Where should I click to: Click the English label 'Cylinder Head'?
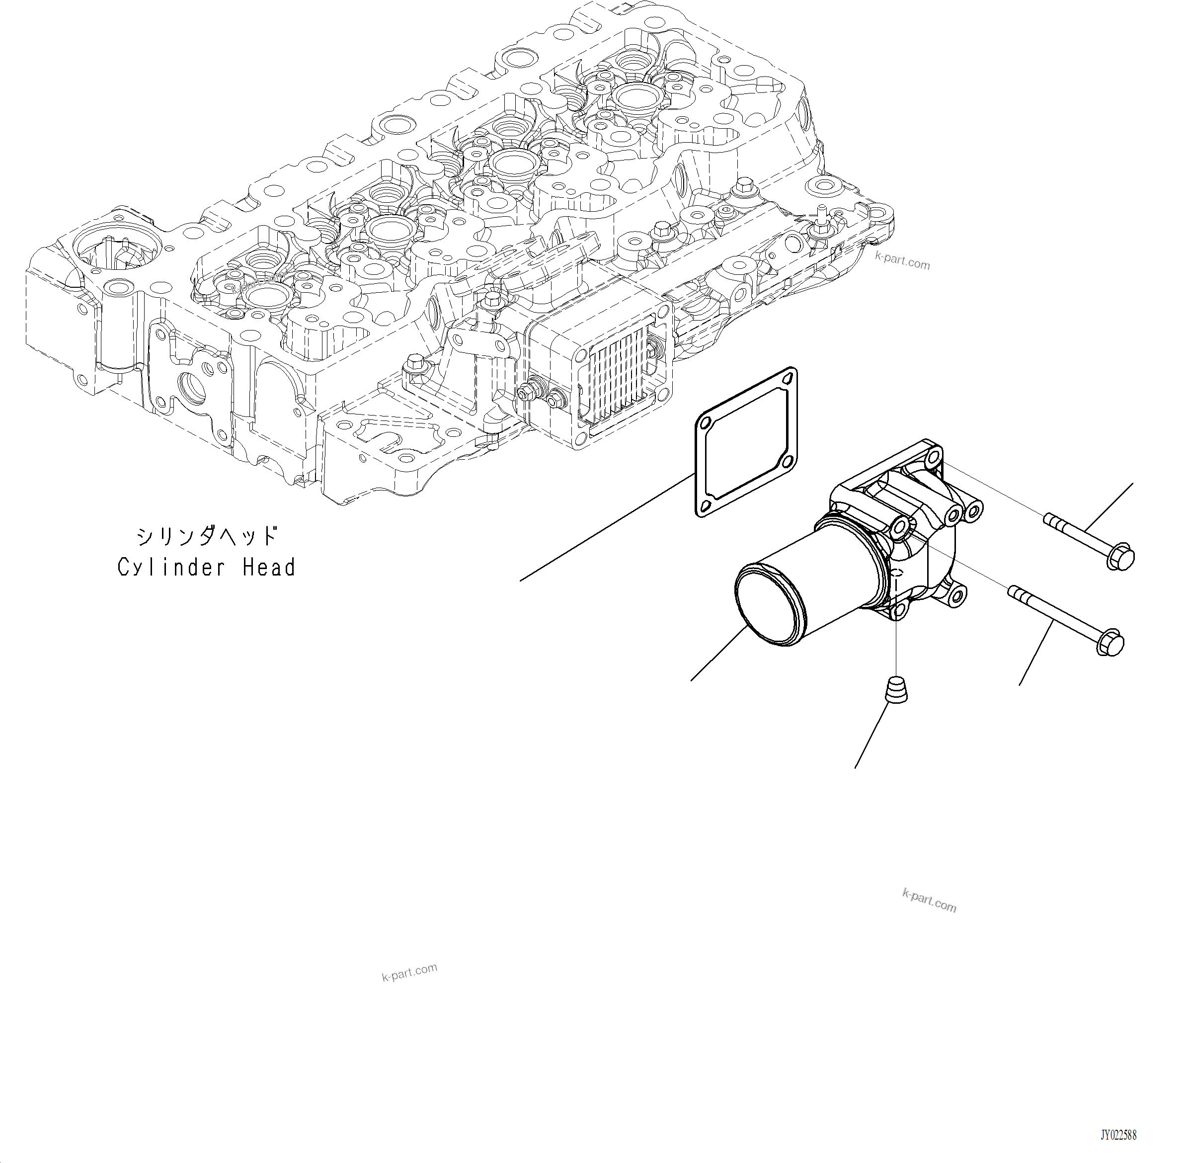[206, 568]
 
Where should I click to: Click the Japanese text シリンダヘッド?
[206, 536]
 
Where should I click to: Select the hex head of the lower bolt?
[1111, 642]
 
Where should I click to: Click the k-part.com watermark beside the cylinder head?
[902, 262]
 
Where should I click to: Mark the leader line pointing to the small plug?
[871, 736]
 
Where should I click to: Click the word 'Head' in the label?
[269, 568]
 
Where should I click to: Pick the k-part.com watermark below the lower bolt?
[929, 901]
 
